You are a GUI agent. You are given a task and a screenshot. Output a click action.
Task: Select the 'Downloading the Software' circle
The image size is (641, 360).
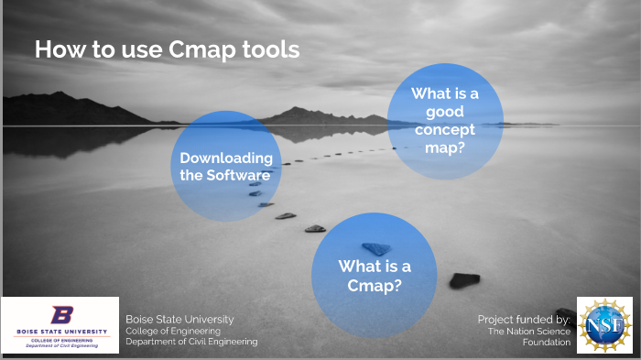click(x=224, y=166)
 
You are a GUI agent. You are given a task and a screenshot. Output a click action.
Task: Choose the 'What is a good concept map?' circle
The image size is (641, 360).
click(x=444, y=120)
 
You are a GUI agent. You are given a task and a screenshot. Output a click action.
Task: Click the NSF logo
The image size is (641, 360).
click(x=603, y=325)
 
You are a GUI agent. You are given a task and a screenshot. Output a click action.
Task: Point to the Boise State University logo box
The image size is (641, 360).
click(x=60, y=325)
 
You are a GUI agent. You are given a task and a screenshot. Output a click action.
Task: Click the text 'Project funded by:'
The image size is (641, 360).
click(x=524, y=319)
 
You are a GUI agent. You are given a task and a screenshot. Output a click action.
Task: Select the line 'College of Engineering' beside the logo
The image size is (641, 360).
click(x=174, y=331)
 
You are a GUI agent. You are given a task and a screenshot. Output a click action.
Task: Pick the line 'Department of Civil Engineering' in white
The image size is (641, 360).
click(x=191, y=342)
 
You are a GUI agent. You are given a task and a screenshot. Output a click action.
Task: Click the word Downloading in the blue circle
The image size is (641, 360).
click(x=225, y=158)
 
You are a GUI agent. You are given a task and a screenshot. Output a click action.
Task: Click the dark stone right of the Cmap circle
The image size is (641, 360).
click(x=466, y=279)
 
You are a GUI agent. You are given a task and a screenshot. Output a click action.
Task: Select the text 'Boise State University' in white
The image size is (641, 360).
click(x=179, y=319)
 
